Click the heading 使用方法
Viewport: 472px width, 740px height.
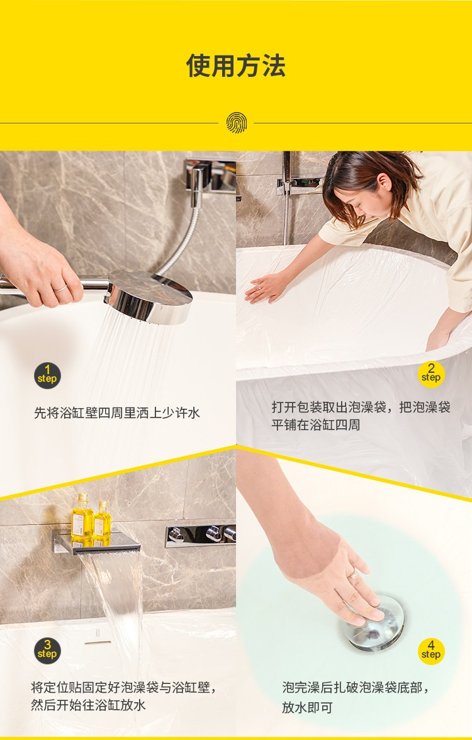(x=236, y=65)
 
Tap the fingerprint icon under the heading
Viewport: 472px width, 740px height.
(x=236, y=123)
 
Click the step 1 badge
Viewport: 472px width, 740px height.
(x=47, y=375)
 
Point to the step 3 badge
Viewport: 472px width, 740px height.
(x=47, y=651)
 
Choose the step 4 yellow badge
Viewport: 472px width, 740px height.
(x=431, y=651)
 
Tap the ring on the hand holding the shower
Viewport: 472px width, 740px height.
(x=60, y=288)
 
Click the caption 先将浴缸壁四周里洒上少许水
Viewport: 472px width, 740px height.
(x=117, y=413)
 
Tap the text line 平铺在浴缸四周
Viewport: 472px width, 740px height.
(x=315, y=424)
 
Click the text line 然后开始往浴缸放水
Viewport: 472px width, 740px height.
(x=88, y=705)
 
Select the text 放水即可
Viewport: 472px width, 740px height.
(x=308, y=707)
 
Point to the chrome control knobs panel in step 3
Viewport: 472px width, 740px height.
(x=200, y=535)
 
